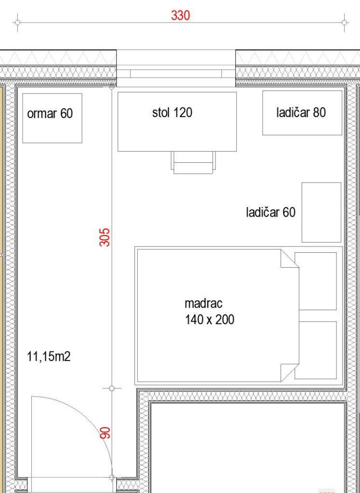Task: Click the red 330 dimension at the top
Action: (180, 15)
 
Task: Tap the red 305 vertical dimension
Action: (105, 237)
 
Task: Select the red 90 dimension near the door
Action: (105, 433)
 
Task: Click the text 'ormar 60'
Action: (50, 113)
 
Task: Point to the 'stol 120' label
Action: (172, 112)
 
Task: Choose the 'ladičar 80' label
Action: (301, 112)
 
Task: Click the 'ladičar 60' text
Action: (271, 212)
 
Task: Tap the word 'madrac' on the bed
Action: (203, 303)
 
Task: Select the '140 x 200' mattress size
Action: (209, 320)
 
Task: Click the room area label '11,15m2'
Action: (49, 357)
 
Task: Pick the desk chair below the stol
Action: (194, 162)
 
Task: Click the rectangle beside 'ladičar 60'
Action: (321, 212)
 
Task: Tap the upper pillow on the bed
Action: (316, 281)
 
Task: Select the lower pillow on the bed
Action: (316, 350)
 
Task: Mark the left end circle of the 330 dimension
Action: (18, 23)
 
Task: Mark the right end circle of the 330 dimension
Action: (345, 23)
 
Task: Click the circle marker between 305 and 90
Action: (112, 389)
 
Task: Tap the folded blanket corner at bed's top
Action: (290, 259)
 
